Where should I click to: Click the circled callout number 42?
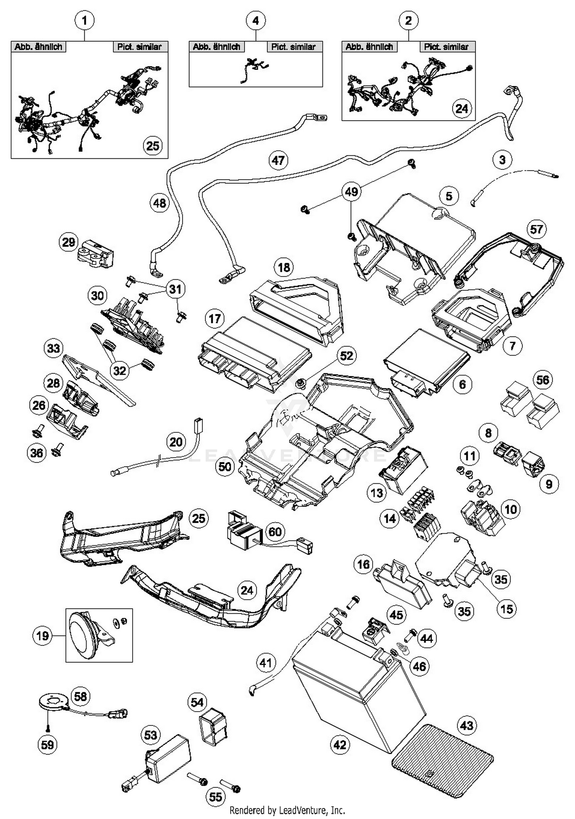click(x=340, y=745)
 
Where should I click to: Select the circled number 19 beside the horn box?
click(x=42, y=636)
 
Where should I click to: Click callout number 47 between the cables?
click(x=278, y=160)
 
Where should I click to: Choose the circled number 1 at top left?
click(x=85, y=20)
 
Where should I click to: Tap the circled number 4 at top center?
click(x=256, y=20)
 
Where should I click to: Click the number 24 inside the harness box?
click(x=462, y=109)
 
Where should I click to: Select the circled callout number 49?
click(x=352, y=191)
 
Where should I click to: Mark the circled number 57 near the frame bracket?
click(x=536, y=229)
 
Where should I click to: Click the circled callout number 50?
click(x=225, y=466)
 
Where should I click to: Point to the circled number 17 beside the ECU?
click(x=215, y=318)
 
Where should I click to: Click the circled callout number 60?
click(x=275, y=532)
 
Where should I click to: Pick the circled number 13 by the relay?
click(x=377, y=493)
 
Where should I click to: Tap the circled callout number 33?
click(x=53, y=348)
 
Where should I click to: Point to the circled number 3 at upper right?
click(x=502, y=160)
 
